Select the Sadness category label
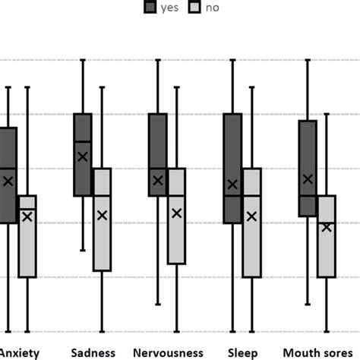(x=93, y=352)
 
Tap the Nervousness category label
(x=168, y=352)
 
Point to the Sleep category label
(x=242, y=352)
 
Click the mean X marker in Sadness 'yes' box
(x=83, y=156)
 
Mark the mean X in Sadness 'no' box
(x=102, y=216)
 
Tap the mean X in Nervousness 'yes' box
(x=158, y=180)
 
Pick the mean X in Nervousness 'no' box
(x=177, y=213)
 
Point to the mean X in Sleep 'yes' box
(x=233, y=184)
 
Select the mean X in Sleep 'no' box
(x=251, y=216)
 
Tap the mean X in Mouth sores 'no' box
(x=327, y=226)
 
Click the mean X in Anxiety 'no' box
(x=27, y=216)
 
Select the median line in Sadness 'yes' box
(x=83, y=141)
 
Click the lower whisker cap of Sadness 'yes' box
(x=83, y=250)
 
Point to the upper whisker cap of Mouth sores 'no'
(x=327, y=114)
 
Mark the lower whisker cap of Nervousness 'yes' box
(x=158, y=305)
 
